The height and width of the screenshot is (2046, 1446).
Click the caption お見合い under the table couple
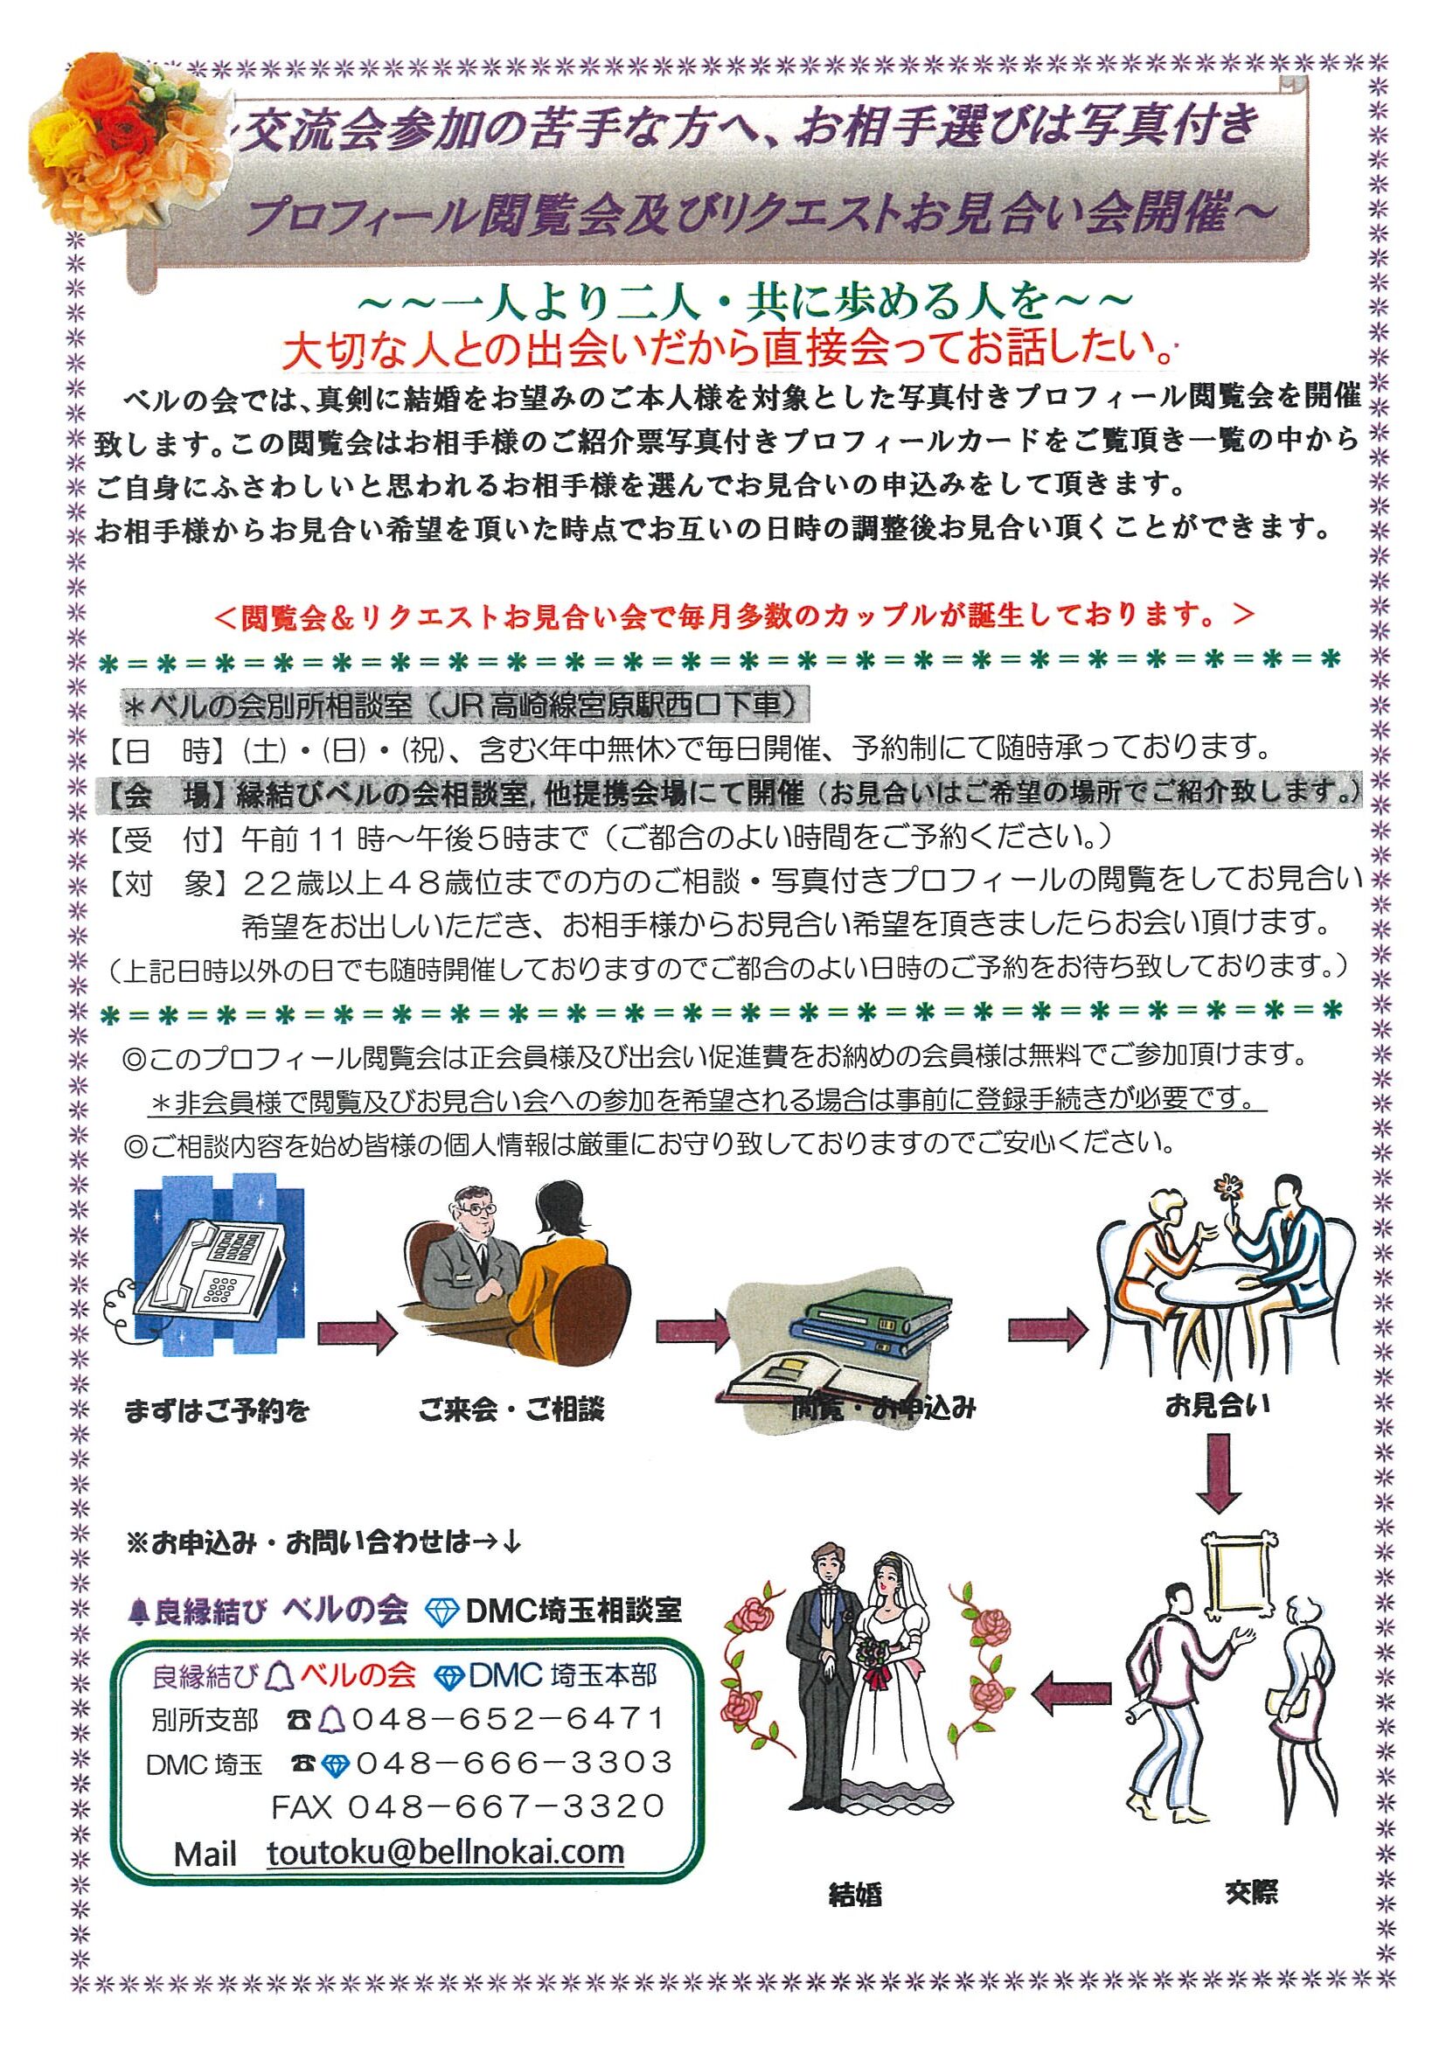[x=1217, y=1405]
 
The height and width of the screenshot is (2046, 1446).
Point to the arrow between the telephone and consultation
[x=357, y=1330]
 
